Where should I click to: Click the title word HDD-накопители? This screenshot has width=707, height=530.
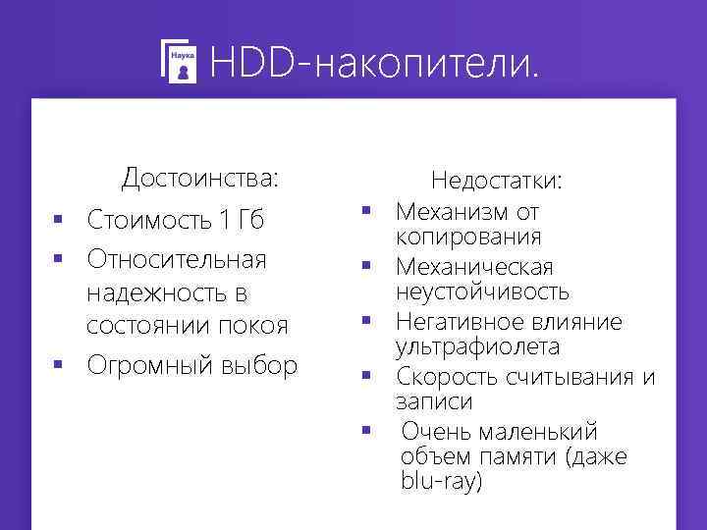point(374,65)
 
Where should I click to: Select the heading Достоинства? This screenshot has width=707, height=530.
point(200,179)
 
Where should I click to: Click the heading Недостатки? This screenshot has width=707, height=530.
point(497,182)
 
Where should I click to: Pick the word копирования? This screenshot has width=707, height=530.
point(468,237)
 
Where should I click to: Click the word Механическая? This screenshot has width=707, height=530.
point(475,267)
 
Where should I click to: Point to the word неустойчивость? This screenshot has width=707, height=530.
point(482,291)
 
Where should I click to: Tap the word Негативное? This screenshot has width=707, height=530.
point(464,322)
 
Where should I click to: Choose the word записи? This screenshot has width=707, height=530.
point(434,401)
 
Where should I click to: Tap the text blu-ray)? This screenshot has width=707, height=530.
point(442,482)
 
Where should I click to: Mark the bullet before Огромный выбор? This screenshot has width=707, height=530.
point(59,366)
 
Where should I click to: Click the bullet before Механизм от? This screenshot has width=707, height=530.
point(364,210)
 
